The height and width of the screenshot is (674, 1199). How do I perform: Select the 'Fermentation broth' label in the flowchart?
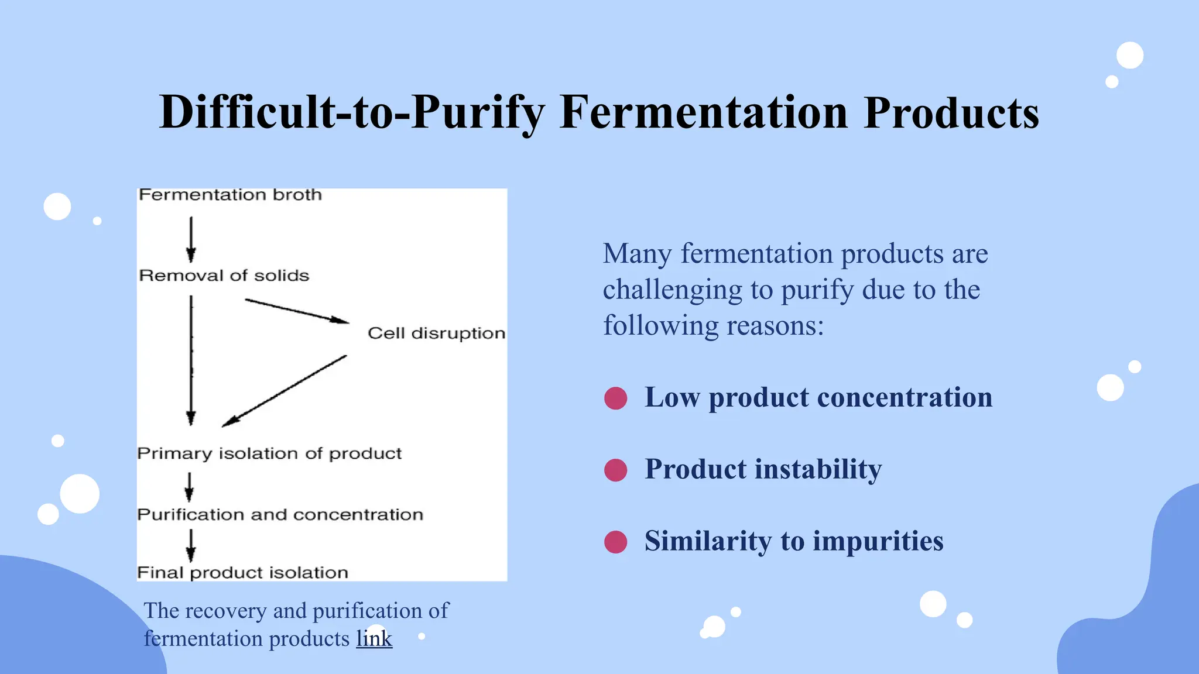[230, 195]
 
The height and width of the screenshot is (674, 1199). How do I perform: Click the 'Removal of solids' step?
[224, 276]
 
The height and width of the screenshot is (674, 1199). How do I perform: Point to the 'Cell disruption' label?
[436, 333]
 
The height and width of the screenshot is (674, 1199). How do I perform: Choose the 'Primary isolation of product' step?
[269, 453]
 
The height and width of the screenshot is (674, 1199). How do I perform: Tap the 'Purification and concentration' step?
[280, 515]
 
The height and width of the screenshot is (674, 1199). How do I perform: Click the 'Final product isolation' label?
[242, 572]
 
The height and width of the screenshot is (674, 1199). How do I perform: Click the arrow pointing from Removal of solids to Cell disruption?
[296, 311]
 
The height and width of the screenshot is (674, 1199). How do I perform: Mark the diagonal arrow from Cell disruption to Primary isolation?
[285, 390]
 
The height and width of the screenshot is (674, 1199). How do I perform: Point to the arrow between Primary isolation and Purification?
[189, 486]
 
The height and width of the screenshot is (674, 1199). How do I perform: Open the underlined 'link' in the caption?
[374, 638]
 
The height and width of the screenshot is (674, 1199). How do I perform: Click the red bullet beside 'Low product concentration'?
[615, 398]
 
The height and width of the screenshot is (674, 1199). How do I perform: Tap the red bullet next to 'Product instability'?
[615, 470]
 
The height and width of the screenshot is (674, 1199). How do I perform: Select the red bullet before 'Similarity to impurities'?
[615, 542]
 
